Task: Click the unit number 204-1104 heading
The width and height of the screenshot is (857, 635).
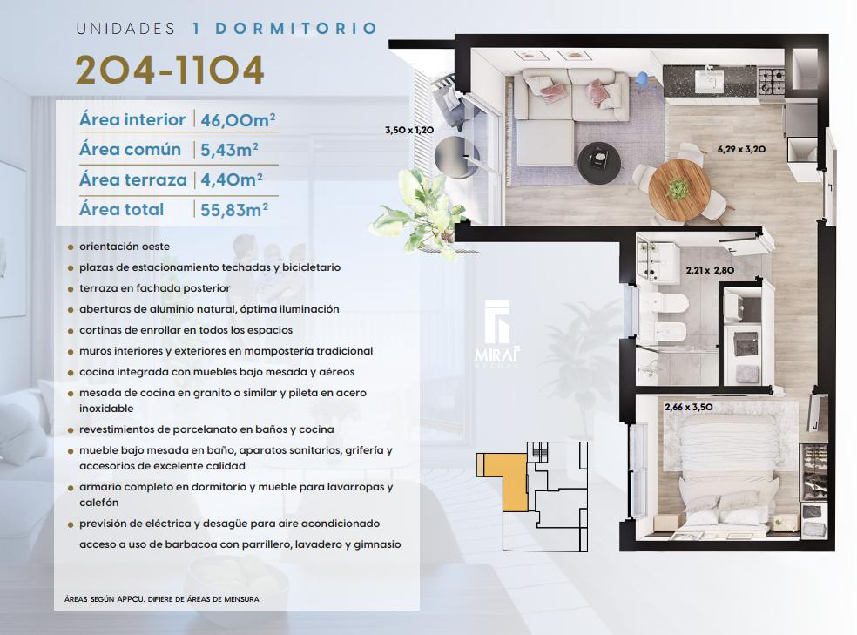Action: coord(170,70)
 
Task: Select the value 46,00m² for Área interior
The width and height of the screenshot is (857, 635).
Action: coord(238,119)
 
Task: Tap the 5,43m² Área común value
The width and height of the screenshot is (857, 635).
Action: coord(229,149)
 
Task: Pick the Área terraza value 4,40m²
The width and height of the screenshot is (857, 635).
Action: coord(231,179)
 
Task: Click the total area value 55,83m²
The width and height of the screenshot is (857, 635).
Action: coord(234,209)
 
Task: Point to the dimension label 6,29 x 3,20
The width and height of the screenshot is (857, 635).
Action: coord(741,149)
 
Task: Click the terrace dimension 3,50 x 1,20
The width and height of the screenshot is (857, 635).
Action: coord(409,130)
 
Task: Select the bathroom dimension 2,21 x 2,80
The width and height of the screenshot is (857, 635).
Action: coord(710,270)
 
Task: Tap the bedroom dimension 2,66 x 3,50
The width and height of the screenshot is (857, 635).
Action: coord(689,407)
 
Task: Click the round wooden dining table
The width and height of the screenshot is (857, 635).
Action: coord(678,188)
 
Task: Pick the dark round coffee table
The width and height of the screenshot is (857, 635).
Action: coord(599,162)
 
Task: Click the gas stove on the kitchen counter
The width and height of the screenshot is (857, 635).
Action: coord(771,81)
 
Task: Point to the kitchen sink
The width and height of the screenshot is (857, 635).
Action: coord(710,81)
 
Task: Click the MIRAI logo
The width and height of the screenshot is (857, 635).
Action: coord(497,333)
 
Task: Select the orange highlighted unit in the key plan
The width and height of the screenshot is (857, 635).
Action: coord(504,480)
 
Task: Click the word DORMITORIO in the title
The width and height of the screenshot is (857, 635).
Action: coord(296,29)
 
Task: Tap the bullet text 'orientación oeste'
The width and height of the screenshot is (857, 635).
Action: coord(125,247)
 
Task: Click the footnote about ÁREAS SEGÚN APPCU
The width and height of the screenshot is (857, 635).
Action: coord(162,599)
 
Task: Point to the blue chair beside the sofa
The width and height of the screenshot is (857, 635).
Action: coord(644,80)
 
